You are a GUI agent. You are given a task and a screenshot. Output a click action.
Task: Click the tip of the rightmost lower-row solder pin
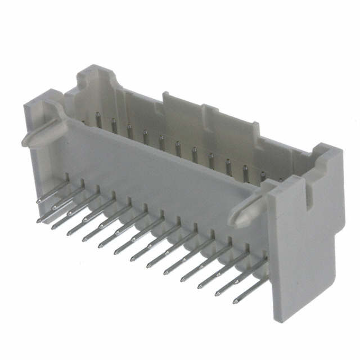pos(235,301)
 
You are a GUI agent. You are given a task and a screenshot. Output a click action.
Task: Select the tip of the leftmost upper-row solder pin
pos(38,200)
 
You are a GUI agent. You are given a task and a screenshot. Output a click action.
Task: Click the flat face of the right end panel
pos(304,247)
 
